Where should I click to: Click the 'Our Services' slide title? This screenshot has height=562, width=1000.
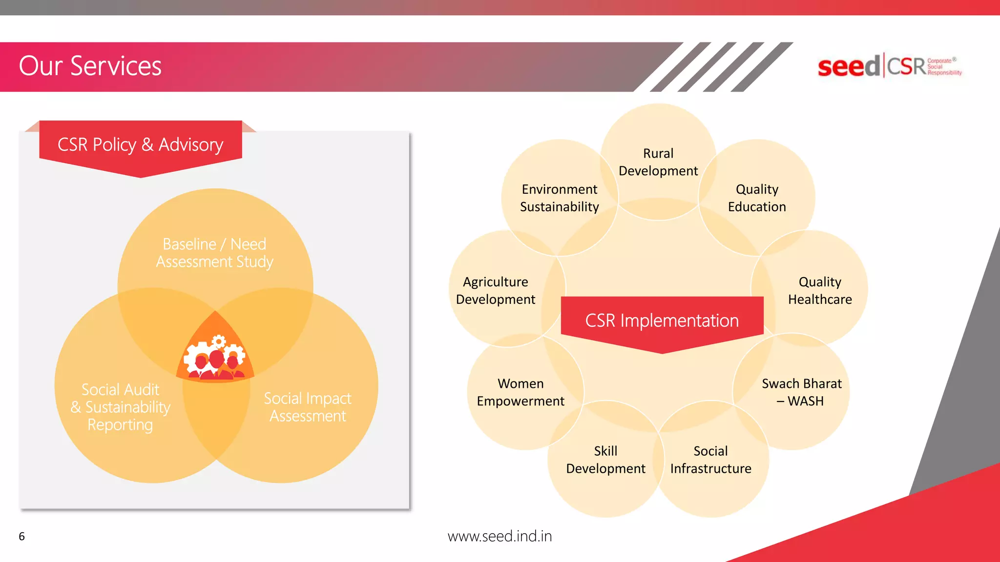[x=90, y=66]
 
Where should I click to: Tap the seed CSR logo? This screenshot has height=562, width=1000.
[x=889, y=66]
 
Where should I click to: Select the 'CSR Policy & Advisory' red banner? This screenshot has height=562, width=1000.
[x=141, y=145]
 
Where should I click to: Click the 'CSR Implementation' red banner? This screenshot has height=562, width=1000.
[x=662, y=321]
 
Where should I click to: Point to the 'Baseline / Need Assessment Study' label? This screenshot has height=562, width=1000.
[x=215, y=253]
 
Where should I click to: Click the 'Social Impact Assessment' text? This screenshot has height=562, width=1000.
[x=308, y=407]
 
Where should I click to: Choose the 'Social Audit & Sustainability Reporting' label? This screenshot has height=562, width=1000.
[x=121, y=407]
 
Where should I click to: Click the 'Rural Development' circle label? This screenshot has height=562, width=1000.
[x=658, y=162]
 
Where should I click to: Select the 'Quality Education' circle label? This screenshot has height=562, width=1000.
[x=757, y=198]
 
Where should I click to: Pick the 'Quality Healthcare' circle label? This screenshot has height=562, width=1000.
[x=820, y=290]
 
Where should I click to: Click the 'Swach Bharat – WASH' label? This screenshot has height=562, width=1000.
[x=801, y=392]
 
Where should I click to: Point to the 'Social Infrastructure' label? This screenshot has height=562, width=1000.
[x=710, y=460]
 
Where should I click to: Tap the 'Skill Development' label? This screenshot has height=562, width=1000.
[x=605, y=460]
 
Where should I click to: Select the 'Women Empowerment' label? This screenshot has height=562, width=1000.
[x=521, y=392]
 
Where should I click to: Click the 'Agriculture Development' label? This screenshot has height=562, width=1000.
[x=496, y=290]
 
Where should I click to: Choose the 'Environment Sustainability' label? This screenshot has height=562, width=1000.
[x=560, y=198]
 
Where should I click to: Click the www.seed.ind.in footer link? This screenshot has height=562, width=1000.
[x=500, y=536]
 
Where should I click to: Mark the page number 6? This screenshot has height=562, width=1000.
[x=21, y=537]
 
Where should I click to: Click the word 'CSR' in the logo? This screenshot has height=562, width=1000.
[x=906, y=66]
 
